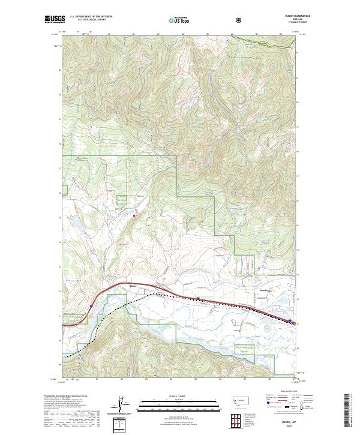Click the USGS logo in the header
[x=55, y=20]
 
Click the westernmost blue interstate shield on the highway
[x=91, y=305]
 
